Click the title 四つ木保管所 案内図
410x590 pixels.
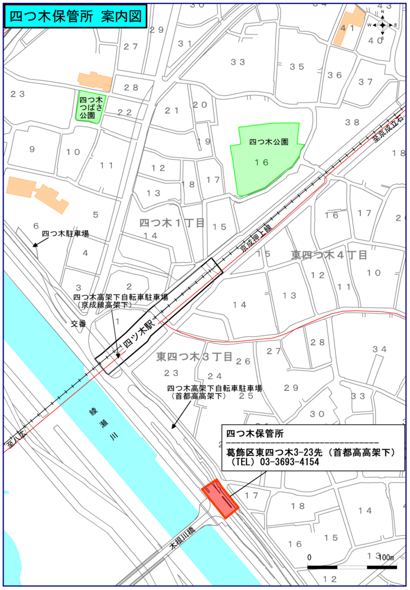tap(76, 17)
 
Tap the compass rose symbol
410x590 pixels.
tap(382, 25)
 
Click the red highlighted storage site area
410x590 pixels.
tap(220, 500)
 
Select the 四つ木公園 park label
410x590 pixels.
tap(269, 142)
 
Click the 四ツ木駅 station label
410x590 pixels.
tap(138, 335)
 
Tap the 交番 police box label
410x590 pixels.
tap(79, 324)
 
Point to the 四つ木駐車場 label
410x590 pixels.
tap(65, 234)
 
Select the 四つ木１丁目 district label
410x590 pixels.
tap(172, 222)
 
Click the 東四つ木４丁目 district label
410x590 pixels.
tap(329, 255)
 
